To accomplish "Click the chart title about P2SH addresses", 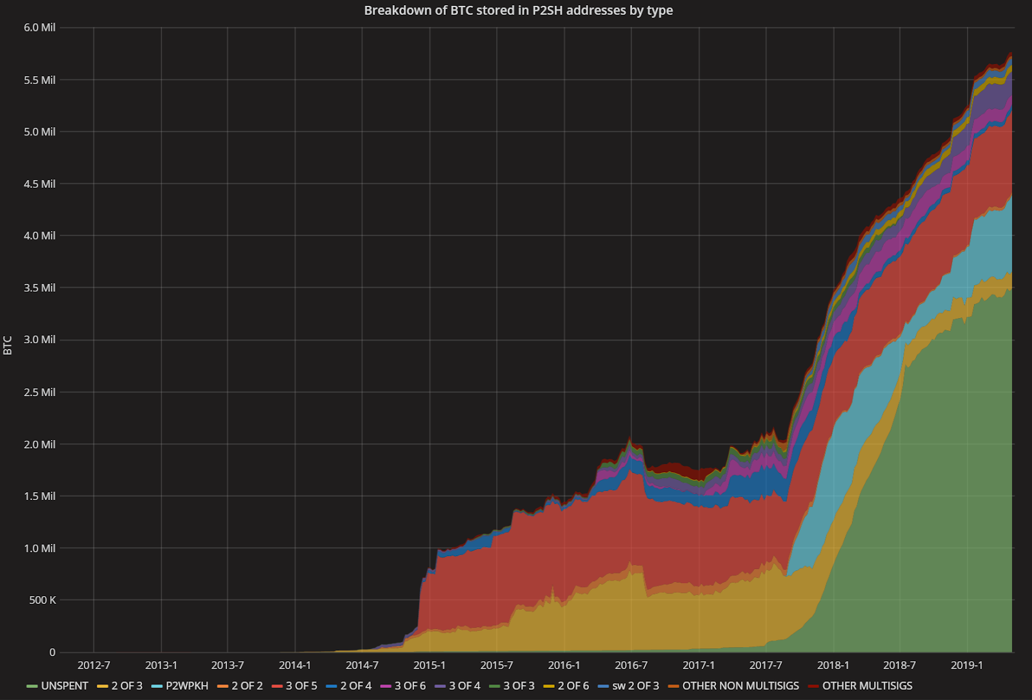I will pyautogui.click(x=518, y=10).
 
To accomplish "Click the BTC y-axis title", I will pyautogui.click(x=8, y=345).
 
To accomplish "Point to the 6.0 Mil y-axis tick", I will pyautogui.click(x=40, y=28).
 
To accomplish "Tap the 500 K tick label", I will pyautogui.click(x=43, y=600).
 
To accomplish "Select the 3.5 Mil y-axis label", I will pyautogui.click(x=40, y=288).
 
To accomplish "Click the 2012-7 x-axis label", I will pyautogui.click(x=94, y=665).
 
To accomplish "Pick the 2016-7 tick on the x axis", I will pyautogui.click(x=631, y=665).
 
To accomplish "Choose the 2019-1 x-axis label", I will pyautogui.click(x=967, y=665).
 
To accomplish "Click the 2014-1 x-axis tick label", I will pyautogui.click(x=295, y=665).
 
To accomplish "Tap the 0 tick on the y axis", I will pyautogui.click(x=52, y=652).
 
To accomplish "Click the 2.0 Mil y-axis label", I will pyautogui.click(x=40, y=445).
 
